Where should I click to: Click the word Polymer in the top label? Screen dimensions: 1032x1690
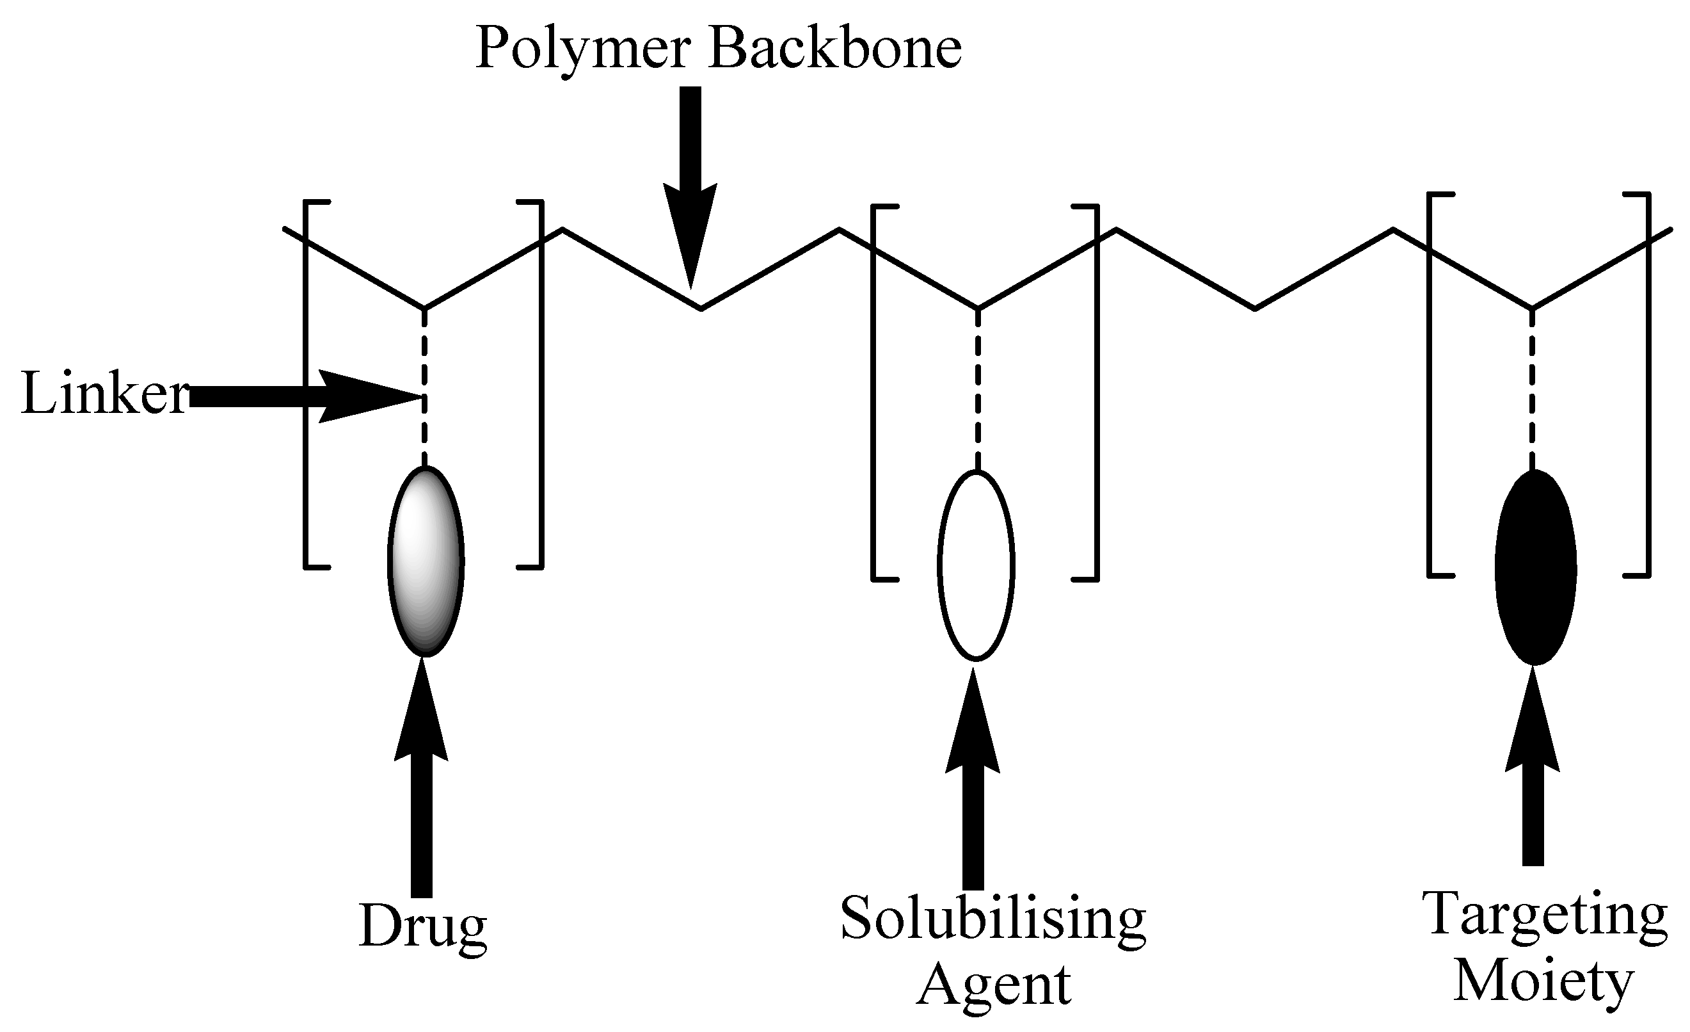click(582, 49)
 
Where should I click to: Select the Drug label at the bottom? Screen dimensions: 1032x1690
click(422, 926)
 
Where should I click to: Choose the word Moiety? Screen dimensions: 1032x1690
click(1544, 981)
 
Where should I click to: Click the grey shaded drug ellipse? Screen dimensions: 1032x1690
click(426, 561)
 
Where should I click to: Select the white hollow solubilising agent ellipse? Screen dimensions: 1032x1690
click(976, 565)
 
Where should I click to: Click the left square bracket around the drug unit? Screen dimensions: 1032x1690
click(307, 384)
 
